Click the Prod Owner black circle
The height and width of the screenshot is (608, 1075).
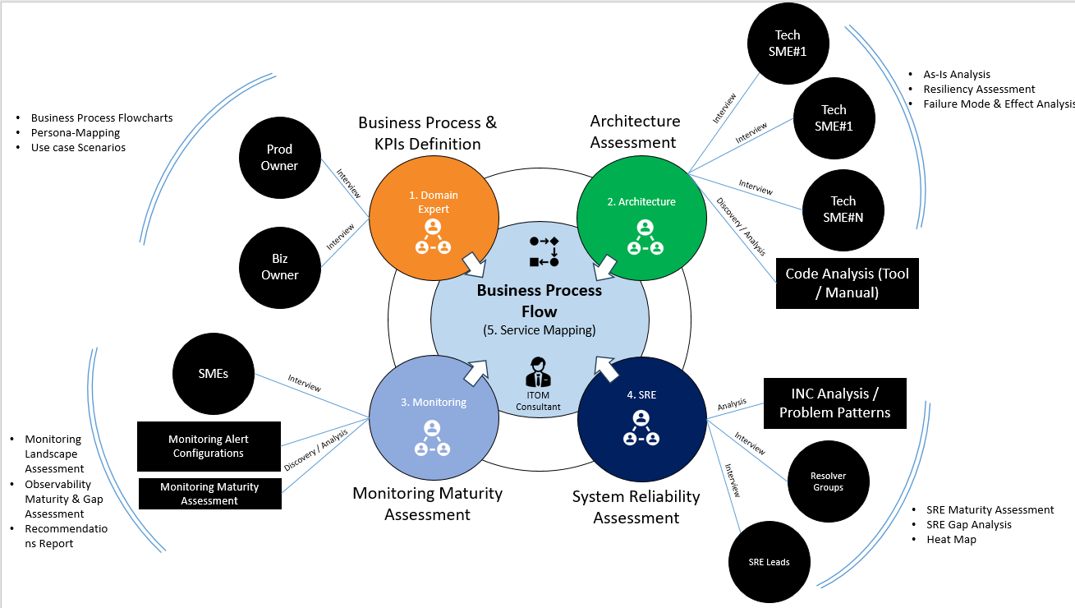pos(279,158)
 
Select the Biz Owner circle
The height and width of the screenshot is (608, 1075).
pos(279,267)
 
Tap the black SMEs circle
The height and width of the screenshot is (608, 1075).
pos(213,373)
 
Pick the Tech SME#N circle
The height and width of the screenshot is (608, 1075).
pos(843,209)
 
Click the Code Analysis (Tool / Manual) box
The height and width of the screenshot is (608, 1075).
pos(847,283)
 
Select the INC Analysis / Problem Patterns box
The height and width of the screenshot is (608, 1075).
pos(834,403)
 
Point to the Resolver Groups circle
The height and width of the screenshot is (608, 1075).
pos(828,481)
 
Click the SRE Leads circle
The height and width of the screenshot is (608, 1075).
pos(769,562)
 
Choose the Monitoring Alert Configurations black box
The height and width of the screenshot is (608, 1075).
pos(209,446)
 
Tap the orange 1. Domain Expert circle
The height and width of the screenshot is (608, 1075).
pos(434,213)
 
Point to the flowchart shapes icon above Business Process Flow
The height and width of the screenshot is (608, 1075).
pos(544,251)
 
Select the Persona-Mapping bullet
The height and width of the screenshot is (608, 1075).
pos(76,132)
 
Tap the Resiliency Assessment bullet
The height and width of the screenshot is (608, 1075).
pos(979,89)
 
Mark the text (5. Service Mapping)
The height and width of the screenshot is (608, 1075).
pos(539,330)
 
